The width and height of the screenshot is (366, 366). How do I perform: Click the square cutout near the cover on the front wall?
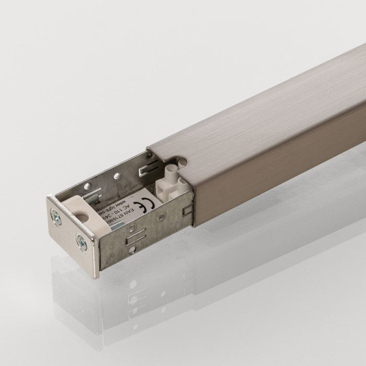(x=187, y=210)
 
